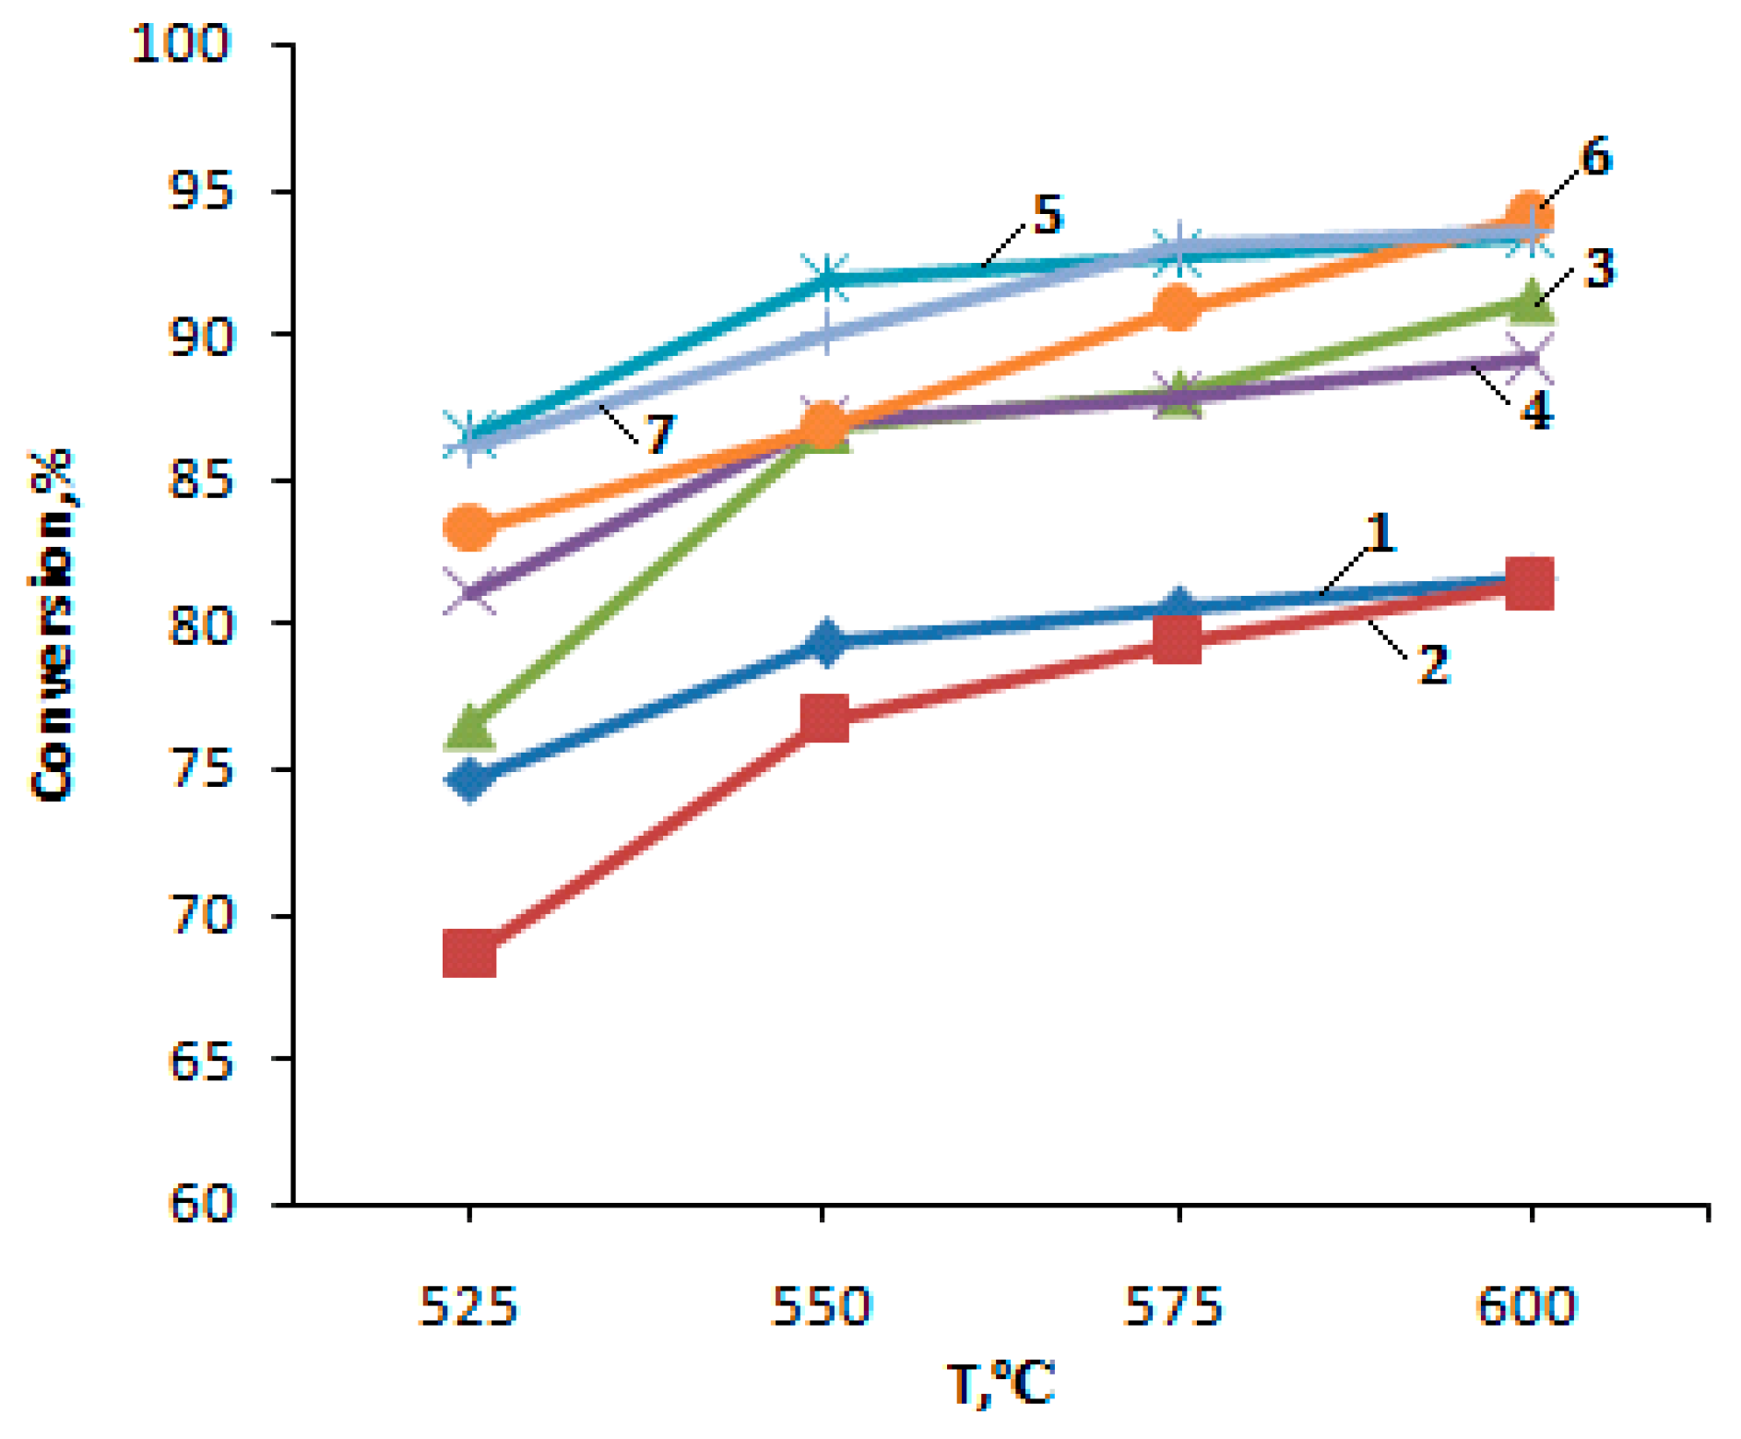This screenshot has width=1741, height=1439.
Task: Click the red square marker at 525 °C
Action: (469, 953)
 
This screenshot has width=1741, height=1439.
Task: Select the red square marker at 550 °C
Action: (824, 719)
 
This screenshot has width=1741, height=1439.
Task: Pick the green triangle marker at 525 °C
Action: (470, 728)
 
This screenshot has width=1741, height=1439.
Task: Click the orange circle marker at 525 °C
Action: (469, 528)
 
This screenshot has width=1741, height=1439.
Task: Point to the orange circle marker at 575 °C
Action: (1178, 307)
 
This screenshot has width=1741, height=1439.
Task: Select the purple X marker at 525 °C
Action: (469, 590)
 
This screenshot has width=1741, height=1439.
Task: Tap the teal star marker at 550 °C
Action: (824, 278)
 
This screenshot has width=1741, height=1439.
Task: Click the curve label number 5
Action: (1048, 215)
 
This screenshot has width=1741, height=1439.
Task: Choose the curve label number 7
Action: (658, 434)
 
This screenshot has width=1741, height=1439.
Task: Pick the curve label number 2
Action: (1432, 664)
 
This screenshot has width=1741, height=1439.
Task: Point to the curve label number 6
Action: (1595, 158)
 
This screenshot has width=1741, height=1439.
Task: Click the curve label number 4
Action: (1535, 411)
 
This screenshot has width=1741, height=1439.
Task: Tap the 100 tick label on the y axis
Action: (181, 43)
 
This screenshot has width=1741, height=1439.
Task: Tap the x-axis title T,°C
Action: (1000, 1385)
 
